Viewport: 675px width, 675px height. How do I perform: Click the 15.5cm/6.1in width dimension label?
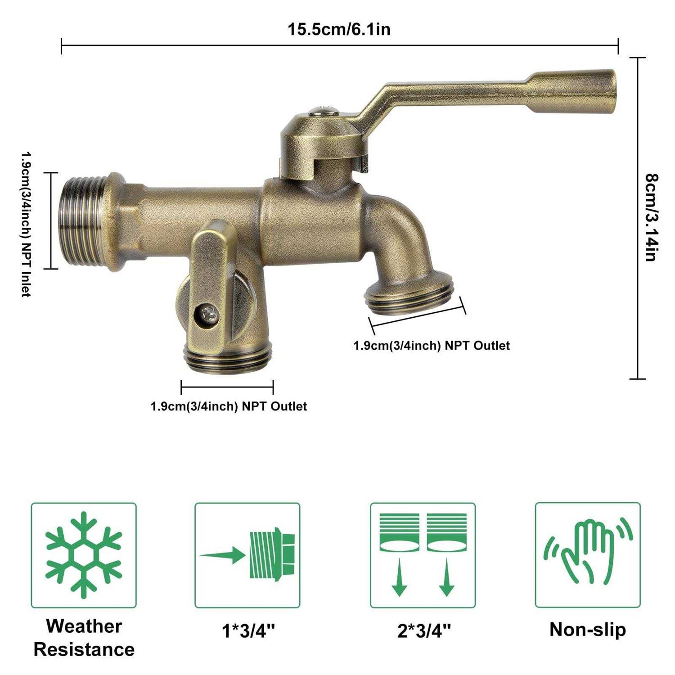pos(339,29)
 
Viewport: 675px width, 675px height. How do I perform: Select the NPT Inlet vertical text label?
pos(26,224)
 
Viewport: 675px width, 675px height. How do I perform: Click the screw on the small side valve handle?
pos(209,314)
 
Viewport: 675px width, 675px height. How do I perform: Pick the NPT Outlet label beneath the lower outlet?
pos(229,406)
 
